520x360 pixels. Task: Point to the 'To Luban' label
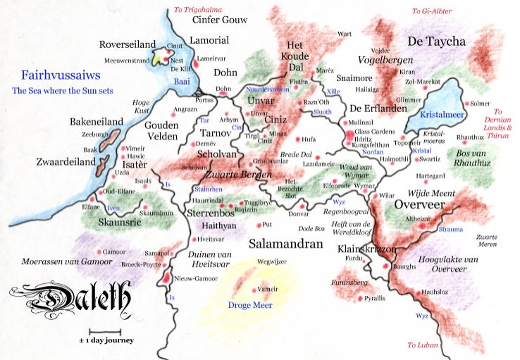tap(423, 345)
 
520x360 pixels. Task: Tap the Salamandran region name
tap(286, 244)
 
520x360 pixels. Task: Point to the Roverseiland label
tap(128, 44)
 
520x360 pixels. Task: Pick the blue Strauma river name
tap(450, 229)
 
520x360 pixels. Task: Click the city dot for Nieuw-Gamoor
tap(166, 278)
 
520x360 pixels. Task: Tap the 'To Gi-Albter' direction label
tap(431, 11)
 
